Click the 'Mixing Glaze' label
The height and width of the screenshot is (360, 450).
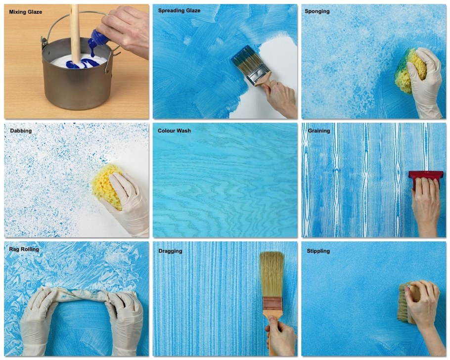click(x=26, y=12)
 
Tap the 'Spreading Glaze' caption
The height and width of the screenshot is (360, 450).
click(x=179, y=10)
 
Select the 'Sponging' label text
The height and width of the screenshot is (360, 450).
click(x=317, y=11)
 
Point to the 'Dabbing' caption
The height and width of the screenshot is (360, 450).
click(x=21, y=131)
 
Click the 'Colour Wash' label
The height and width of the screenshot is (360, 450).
click(x=174, y=131)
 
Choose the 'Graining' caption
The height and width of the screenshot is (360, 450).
click(x=319, y=131)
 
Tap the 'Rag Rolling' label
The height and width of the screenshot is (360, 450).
click(x=24, y=249)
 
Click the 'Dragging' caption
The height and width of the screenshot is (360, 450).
click(x=170, y=251)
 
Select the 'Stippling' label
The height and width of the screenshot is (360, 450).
click(x=318, y=251)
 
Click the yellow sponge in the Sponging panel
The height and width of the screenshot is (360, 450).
click(x=409, y=71)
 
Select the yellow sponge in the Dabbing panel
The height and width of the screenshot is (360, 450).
click(x=106, y=184)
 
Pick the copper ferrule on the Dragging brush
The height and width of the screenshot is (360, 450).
click(x=272, y=304)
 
